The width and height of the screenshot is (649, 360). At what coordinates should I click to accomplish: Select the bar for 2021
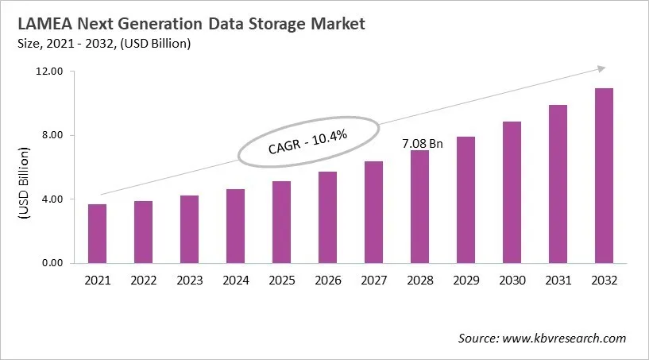97,234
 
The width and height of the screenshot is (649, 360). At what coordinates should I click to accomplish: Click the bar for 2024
235,226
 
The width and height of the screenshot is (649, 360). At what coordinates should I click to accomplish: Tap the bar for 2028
419,207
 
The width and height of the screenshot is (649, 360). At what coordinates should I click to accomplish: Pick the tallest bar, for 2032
604,176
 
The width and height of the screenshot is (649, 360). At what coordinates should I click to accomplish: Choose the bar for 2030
512,192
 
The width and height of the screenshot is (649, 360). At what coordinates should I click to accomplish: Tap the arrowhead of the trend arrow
601,68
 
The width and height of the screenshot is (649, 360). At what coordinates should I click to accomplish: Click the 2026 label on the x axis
327,281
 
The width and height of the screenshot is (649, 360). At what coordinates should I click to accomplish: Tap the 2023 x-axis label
189,281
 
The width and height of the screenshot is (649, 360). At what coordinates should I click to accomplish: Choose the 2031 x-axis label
558,281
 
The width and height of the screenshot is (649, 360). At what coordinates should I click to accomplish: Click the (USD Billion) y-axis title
25,184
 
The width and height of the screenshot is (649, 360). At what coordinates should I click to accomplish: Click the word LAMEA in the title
36,24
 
